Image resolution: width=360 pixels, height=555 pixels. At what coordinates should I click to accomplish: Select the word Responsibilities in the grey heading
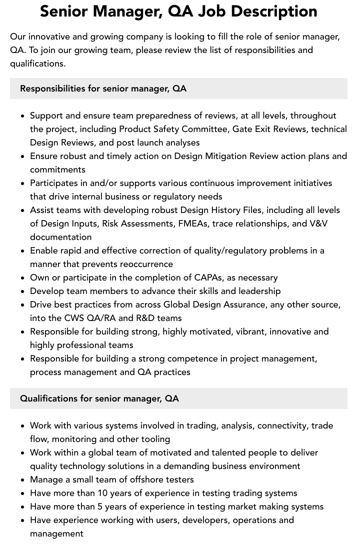tap(52, 88)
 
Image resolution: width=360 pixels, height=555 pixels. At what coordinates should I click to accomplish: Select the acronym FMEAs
tap(193, 223)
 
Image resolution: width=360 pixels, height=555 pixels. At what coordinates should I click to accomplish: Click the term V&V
tap(317, 223)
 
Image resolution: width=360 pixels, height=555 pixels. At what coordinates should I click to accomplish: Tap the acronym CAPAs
tap(200, 277)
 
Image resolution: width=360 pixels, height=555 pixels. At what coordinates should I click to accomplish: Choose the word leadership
tap(256, 291)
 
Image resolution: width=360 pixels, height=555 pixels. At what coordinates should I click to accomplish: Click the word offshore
tap(136, 479)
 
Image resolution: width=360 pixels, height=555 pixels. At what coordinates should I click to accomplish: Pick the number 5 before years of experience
tap(100, 506)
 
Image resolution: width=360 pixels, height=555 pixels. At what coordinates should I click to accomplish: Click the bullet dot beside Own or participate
tap(22, 278)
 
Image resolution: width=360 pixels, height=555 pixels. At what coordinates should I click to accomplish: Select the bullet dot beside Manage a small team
tap(22, 480)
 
